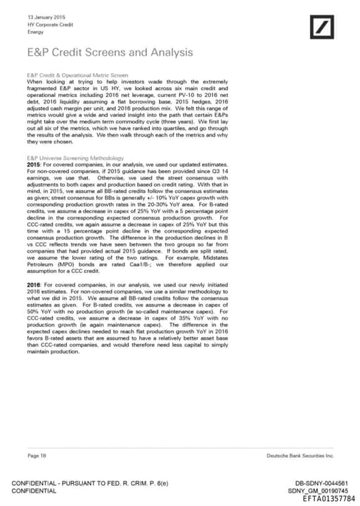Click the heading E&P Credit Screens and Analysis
[x=110, y=52]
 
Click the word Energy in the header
[x=35, y=32]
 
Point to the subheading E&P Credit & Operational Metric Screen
[x=77, y=74]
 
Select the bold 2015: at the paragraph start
[x=35, y=164]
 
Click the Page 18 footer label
[x=37, y=456]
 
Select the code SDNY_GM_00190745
[x=318, y=491]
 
